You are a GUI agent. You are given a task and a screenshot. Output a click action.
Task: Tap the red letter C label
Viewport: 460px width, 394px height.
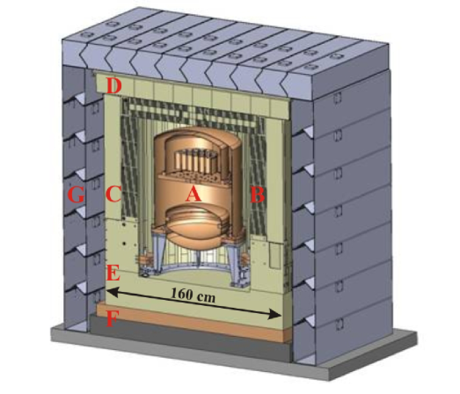[x=113, y=194]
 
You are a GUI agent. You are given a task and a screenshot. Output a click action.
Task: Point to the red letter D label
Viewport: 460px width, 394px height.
[x=113, y=86]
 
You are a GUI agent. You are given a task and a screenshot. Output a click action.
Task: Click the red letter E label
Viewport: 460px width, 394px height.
[x=113, y=274]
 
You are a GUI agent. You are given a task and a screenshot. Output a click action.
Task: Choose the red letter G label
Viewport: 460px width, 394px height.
[x=77, y=195]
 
